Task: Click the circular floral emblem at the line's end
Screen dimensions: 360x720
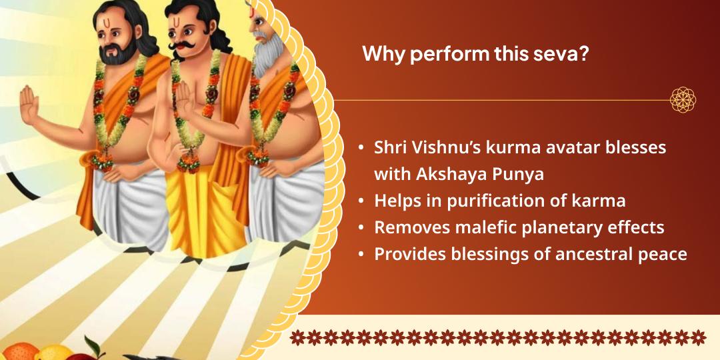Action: [683, 100]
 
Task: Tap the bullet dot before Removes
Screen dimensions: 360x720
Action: [361, 228]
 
